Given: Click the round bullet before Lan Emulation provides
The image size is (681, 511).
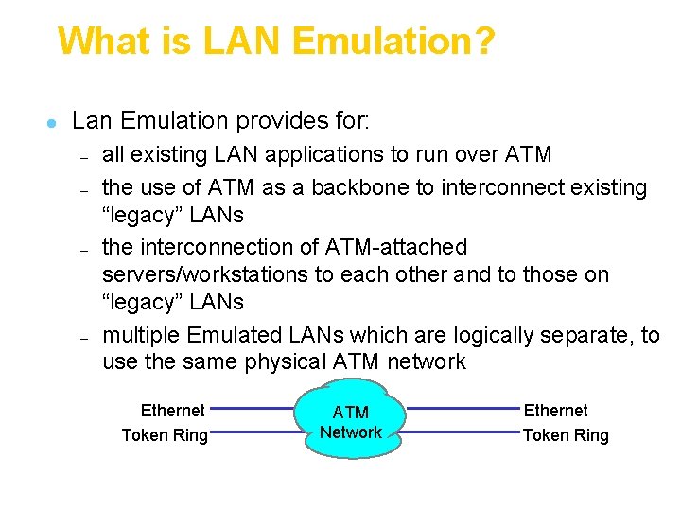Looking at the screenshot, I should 54,123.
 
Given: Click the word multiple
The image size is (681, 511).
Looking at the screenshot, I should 141,335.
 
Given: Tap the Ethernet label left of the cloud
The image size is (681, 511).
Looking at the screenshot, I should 172,411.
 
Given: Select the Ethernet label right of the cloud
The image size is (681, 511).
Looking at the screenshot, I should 555,411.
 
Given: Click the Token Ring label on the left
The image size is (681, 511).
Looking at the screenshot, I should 165,435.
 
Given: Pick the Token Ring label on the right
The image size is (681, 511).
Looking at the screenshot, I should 566,435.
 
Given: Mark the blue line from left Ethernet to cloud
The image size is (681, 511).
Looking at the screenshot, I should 254,410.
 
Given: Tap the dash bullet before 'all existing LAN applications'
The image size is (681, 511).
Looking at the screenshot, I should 83,157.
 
